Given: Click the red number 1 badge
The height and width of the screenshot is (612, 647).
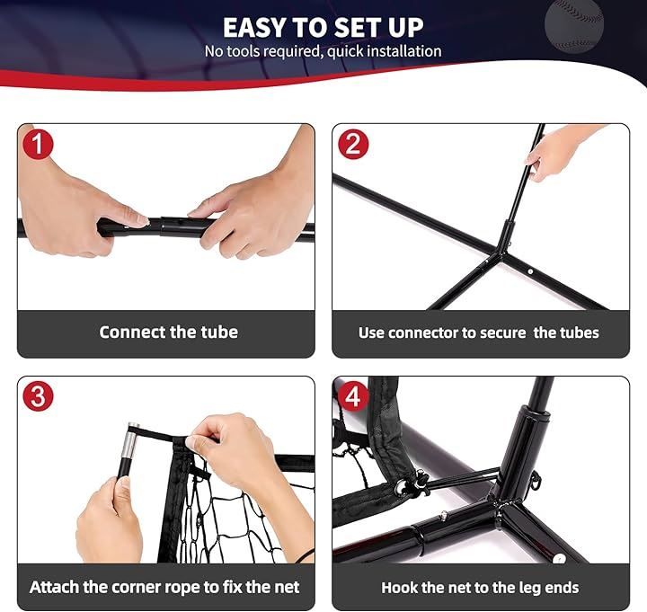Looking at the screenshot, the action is (x=38, y=144).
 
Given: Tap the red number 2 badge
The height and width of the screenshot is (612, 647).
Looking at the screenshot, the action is (x=353, y=144).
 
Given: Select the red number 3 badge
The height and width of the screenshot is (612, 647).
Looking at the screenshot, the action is (x=38, y=395).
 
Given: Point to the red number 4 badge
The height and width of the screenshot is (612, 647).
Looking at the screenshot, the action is (x=353, y=395).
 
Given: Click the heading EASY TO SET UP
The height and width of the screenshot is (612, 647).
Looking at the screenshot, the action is (x=323, y=28).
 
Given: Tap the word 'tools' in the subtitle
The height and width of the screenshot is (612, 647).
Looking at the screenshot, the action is (x=244, y=51).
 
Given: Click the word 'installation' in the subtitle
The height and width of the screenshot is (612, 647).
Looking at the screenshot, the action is (x=404, y=51).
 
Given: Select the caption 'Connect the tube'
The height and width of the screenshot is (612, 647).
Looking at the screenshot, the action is (x=168, y=332).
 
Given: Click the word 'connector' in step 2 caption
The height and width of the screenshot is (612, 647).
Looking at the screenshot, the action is (x=423, y=333).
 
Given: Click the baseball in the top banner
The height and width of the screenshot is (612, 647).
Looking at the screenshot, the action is (x=574, y=25).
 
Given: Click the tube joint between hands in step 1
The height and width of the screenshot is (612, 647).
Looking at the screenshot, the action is (x=165, y=226).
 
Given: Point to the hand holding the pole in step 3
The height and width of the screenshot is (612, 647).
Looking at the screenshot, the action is (x=110, y=520).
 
